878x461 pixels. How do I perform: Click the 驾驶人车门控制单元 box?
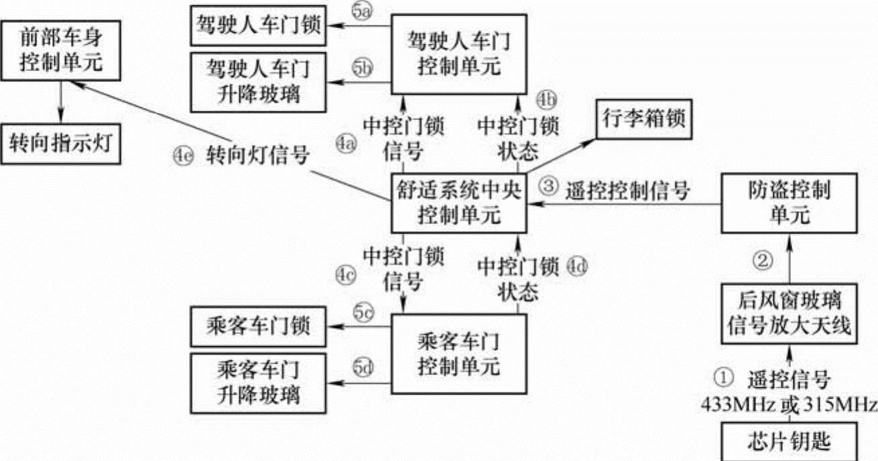(458, 55)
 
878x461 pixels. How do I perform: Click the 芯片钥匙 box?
(788, 442)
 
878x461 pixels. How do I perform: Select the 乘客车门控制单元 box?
(458, 354)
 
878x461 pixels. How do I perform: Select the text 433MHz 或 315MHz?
(788, 404)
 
